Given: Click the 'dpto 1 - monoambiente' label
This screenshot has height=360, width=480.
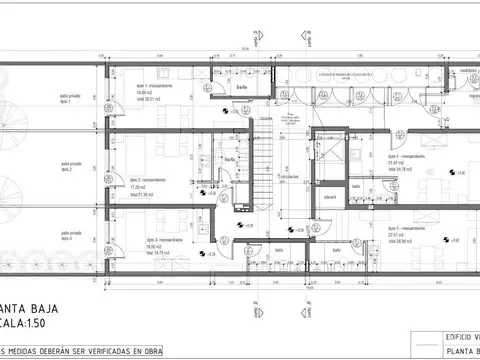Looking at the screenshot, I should (x=155, y=86).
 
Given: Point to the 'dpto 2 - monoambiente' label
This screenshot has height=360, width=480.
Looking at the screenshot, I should (x=152, y=180).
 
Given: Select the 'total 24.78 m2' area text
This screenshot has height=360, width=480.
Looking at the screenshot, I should (x=384, y=170).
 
